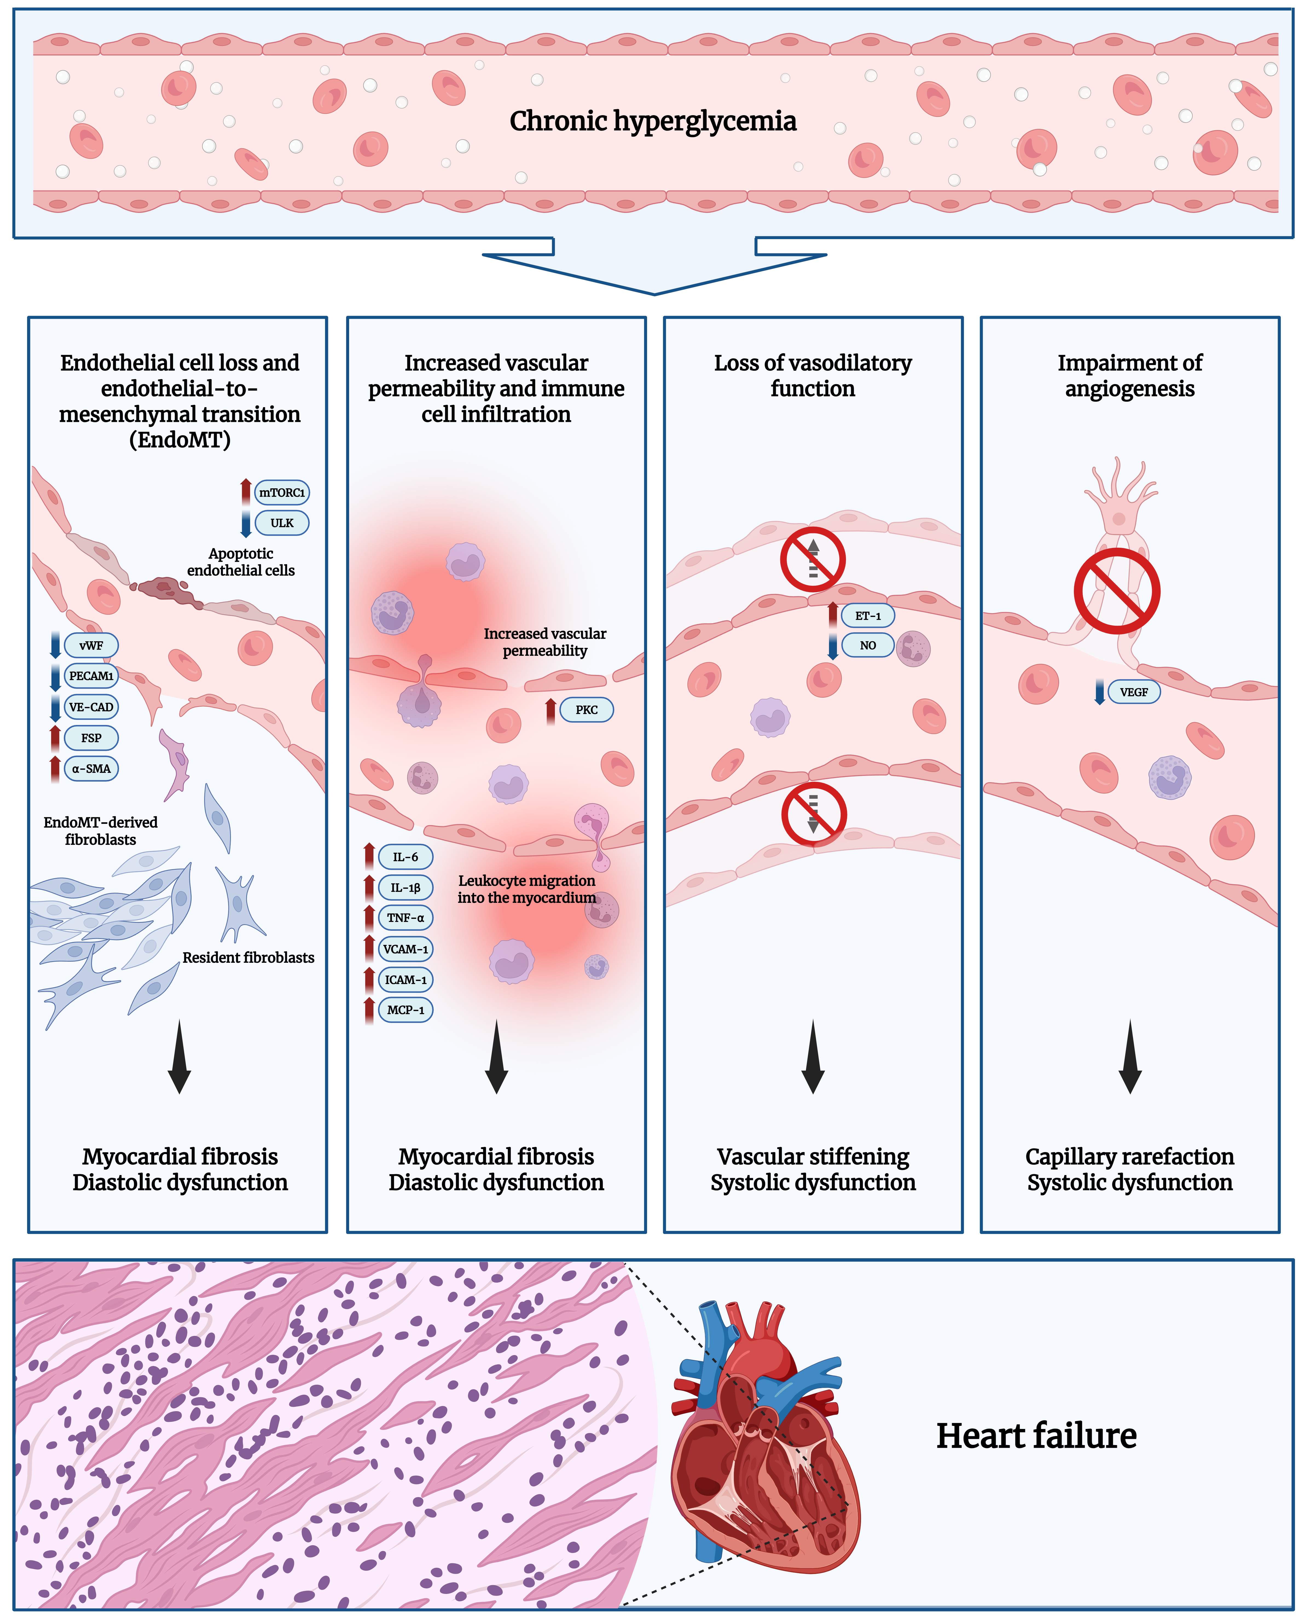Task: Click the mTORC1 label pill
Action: (282, 493)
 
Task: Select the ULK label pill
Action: (282, 523)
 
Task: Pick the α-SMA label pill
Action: (91, 769)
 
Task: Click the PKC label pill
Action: (586, 710)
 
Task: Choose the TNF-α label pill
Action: (405, 918)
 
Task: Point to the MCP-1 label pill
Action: (405, 1010)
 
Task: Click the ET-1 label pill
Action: (868, 616)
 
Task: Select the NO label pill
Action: (868, 646)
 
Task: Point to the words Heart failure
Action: (1036, 1436)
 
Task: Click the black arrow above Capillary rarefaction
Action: (1130, 1057)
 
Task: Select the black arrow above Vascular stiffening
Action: (813, 1057)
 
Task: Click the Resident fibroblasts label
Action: (248, 958)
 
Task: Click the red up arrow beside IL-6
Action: (369, 857)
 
